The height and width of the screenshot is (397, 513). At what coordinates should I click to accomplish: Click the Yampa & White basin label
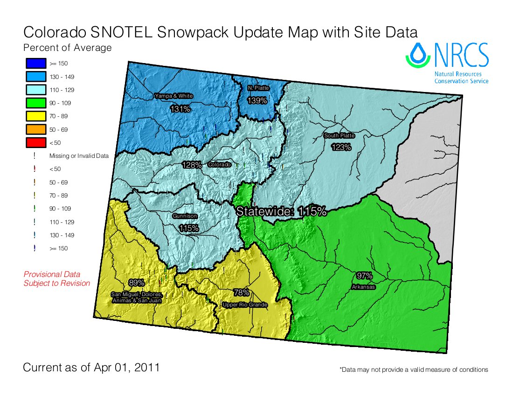tap(173, 96)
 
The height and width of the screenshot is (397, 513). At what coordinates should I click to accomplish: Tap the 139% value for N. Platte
tap(257, 100)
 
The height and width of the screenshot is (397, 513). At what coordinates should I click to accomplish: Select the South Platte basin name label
tap(340, 135)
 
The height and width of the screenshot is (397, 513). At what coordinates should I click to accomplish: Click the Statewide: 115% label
tap(281, 211)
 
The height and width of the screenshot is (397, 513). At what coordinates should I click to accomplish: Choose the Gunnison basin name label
tap(185, 216)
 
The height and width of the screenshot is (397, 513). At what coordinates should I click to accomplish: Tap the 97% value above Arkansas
tap(364, 275)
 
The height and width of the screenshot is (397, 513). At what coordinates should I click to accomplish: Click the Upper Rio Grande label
tap(245, 305)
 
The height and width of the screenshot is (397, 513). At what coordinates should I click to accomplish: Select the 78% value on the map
tap(241, 293)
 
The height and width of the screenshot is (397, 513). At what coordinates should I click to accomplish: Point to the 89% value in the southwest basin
tap(136, 283)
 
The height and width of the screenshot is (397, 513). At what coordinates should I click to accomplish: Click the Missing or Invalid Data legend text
tap(79, 156)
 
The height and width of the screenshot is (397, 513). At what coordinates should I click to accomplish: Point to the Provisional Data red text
tap(52, 275)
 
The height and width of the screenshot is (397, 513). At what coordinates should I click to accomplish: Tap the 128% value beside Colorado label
tap(192, 165)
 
